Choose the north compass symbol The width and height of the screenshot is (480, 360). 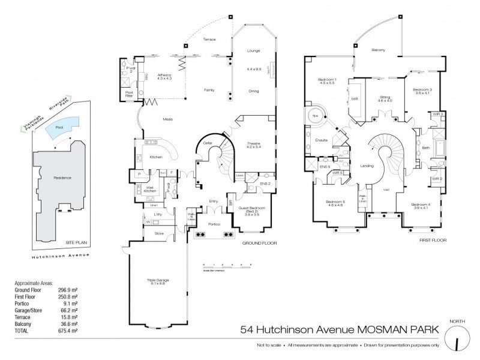point(458,340)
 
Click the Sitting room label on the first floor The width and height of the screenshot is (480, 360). point(384,98)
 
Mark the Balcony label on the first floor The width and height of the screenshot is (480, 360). point(378,50)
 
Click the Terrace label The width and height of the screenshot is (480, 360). point(209,40)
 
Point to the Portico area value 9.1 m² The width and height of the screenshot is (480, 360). point(72,303)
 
